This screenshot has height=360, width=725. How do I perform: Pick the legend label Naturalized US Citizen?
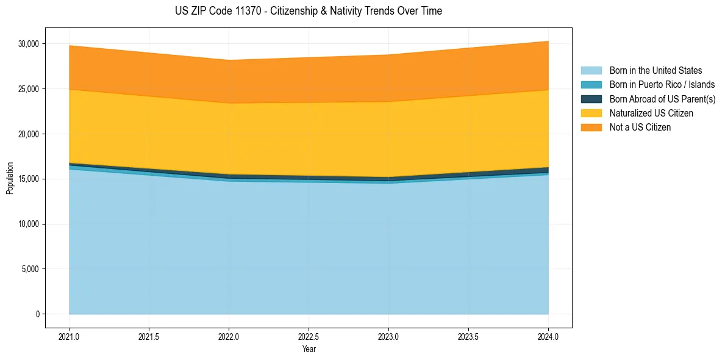coord(651,113)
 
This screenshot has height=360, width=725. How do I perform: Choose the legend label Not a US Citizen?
coord(640,128)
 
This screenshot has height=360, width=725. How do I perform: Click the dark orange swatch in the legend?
coord(591,128)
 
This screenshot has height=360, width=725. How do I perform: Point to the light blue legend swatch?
coord(591,71)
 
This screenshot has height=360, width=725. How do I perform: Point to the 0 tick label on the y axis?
coord(37,314)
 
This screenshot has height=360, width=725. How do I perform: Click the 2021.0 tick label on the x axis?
coord(70,336)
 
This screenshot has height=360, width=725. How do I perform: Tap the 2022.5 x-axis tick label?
coord(309,336)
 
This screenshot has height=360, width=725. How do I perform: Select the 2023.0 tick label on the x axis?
coord(388,336)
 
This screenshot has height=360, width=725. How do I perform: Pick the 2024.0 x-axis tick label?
coord(548,336)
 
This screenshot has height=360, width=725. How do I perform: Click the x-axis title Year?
coord(309,349)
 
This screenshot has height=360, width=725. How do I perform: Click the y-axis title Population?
coord(10,178)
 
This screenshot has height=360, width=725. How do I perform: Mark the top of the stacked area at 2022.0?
coord(229,60)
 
